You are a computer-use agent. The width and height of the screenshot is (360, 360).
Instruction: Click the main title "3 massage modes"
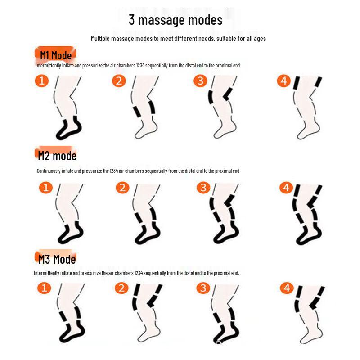pos(175,20)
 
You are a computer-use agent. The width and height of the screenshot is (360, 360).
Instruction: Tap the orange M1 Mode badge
pos(55,54)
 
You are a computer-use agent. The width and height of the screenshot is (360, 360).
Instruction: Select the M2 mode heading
pos(57,155)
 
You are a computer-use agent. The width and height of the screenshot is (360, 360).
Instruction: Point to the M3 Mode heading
pos(57,258)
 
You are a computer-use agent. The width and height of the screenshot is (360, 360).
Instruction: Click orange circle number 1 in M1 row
pos(42,81)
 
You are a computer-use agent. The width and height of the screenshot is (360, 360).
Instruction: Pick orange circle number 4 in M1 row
pos(284,81)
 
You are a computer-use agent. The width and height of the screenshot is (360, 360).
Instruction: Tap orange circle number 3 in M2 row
pos(203,187)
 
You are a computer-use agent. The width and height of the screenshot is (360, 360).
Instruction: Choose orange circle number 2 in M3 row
pos(121,288)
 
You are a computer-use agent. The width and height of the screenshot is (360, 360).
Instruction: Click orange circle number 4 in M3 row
pos(287,288)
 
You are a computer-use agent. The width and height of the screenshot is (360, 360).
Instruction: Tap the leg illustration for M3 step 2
pos(148,313)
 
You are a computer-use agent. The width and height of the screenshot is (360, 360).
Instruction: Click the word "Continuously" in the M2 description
pos(49,171)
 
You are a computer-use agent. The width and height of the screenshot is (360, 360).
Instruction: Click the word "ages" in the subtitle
pos(260,39)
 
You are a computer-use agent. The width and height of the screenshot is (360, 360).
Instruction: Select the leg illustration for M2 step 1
pos(70,213)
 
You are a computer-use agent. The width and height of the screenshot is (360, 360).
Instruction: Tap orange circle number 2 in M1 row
pos(119,81)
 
